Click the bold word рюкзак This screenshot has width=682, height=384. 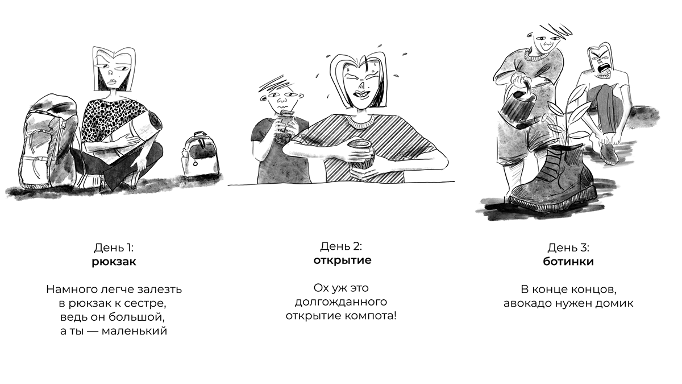[x=114, y=262]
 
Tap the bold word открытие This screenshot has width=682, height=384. [x=343, y=260]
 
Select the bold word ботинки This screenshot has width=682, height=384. [x=568, y=262]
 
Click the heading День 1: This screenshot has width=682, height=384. [x=114, y=247]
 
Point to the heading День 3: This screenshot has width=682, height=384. [x=568, y=247]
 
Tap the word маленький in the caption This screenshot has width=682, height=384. [x=134, y=331]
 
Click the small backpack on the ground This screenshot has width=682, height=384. [x=199, y=155]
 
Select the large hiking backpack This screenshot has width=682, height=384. [x=49, y=142]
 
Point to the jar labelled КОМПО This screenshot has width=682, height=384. [x=361, y=159]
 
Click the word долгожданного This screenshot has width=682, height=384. [x=341, y=302]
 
